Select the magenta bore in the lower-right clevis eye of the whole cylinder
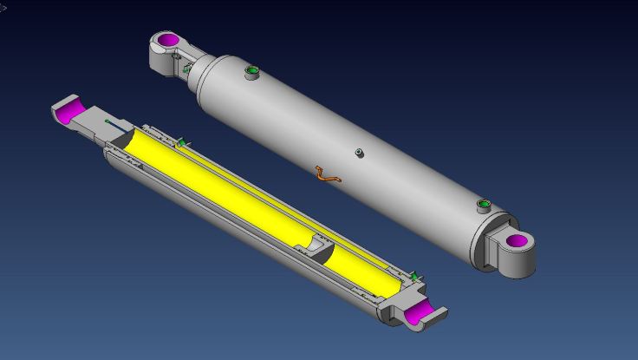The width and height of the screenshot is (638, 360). tap(517, 240)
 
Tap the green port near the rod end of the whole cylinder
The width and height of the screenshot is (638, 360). tap(252, 70)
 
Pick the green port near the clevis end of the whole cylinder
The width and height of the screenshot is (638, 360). tap(483, 206)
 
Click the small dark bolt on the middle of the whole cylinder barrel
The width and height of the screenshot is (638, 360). tap(360, 154)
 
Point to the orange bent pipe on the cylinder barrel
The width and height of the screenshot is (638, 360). tap(328, 174)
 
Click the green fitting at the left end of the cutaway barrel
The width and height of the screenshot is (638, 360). tap(182, 141)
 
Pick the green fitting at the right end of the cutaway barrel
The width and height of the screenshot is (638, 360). tap(414, 277)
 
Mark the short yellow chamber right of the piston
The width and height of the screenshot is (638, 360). tap(364, 270)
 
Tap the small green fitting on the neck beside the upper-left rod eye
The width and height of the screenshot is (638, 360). tap(186, 68)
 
